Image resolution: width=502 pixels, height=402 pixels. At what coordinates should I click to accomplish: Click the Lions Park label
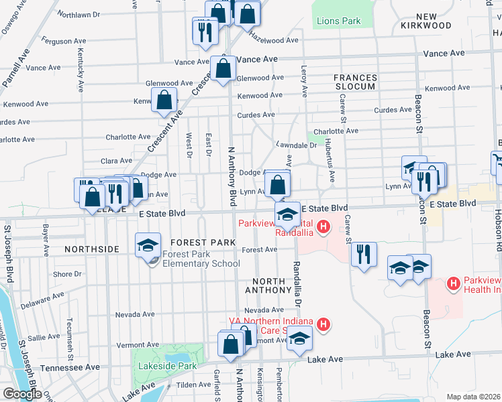[x=338, y=21]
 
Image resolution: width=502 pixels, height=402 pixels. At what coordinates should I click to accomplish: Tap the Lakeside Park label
[x=167, y=366]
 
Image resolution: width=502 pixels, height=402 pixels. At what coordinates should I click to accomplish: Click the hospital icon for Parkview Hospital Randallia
[x=324, y=228]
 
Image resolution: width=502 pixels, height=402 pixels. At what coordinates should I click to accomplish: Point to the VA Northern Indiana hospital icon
[x=323, y=326]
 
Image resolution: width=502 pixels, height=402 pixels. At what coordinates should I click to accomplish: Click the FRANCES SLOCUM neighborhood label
[x=354, y=82]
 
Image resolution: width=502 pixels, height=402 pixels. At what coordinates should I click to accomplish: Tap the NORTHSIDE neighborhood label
[x=92, y=249]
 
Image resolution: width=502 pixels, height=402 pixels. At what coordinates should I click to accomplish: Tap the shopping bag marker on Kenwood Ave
[x=164, y=100]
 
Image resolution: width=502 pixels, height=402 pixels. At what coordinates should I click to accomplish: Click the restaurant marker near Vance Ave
[x=205, y=31]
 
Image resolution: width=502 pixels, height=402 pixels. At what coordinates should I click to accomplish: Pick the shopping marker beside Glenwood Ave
[x=223, y=68]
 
